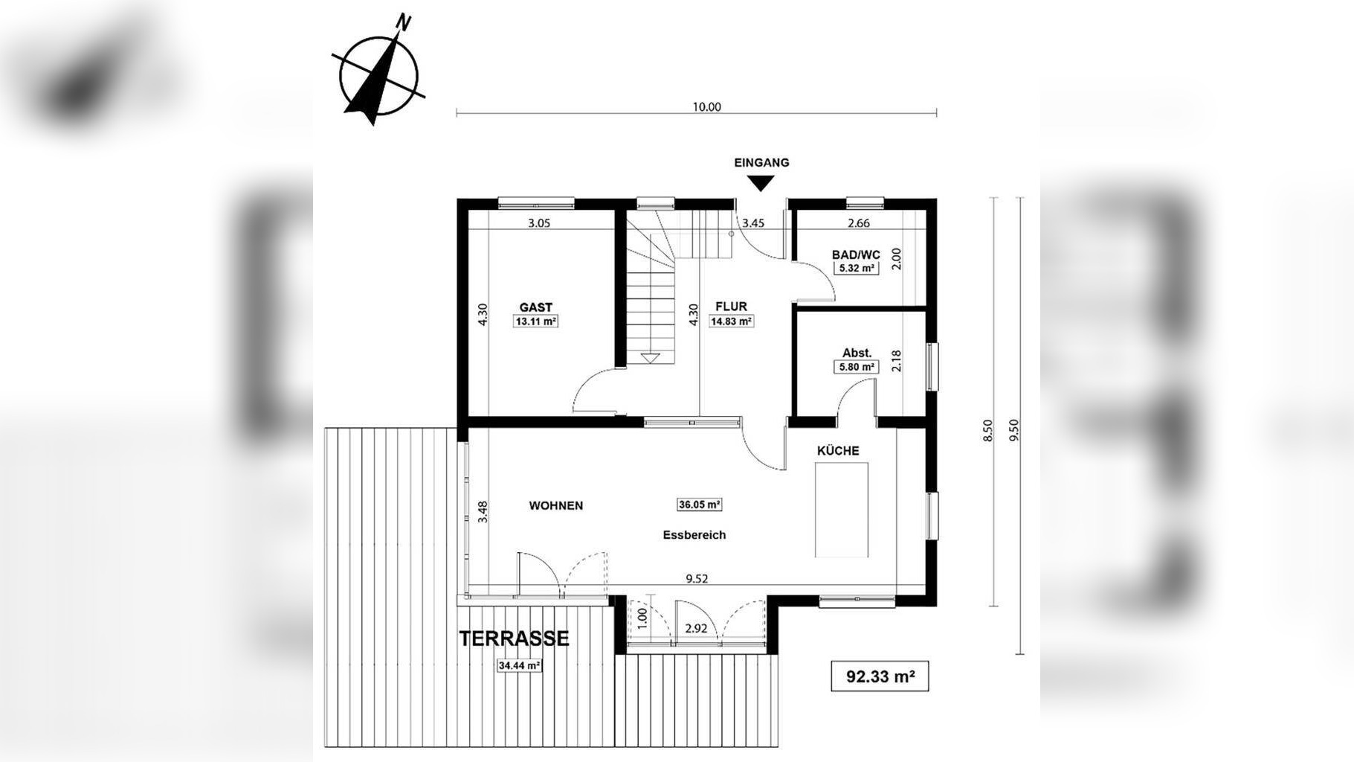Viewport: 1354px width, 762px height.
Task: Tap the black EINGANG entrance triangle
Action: (x=761, y=182)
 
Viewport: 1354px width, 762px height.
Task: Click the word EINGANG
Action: (x=761, y=162)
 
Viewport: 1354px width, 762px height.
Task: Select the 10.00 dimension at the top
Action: (x=706, y=106)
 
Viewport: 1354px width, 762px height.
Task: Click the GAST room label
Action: (x=535, y=307)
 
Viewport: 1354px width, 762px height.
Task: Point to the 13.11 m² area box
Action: (x=535, y=321)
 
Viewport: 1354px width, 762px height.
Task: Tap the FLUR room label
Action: (x=731, y=307)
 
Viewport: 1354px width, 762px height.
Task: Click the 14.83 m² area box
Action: (x=732, y=321)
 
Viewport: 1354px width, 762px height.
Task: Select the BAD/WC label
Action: (x=856, y=254)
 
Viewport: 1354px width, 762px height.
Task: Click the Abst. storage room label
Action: (x=857, y=353)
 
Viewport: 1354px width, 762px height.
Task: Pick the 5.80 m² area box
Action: (x=856, y=367)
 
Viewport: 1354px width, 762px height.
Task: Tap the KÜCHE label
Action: (x=838, y=451)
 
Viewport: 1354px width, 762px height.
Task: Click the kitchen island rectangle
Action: (x=841, y=509)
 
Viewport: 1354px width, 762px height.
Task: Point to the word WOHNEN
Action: (x=555, y=505)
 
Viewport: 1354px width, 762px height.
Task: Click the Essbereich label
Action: (x=694, y=535)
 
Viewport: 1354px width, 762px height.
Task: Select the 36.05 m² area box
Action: (x=699, y=505)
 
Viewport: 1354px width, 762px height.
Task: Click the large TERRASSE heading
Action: (x=514, y=638)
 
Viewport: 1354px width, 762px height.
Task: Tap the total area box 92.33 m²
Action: (x=880, y=676)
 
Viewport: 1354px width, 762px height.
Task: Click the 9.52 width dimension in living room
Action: (x=697, y=579)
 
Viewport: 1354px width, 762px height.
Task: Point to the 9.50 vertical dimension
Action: (x=1014, y=429)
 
